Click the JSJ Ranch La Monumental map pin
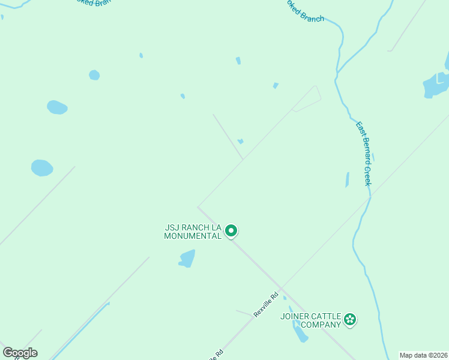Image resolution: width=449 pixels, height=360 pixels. click(231, 230)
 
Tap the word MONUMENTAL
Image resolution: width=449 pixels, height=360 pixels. click(193, 236)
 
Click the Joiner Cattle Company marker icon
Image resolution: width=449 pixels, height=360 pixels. click(350, 320)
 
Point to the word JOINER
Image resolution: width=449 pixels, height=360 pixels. click(295, 316)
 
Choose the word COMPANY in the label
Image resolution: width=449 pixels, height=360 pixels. click(321, 325)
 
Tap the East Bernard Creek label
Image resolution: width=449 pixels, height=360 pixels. click(364, 154)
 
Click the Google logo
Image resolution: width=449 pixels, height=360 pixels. click(20, 352)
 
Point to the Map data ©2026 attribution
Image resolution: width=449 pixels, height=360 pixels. click(423, 355)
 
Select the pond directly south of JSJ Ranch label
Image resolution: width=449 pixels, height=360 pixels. click(187, 259)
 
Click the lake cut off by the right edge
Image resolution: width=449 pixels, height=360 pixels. click(436, 84)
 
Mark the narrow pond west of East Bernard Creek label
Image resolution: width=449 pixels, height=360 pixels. click(347, 179)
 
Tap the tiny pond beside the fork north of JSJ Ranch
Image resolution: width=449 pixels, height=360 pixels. click(240, 142)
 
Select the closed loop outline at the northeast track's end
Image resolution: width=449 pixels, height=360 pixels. click(308, 98)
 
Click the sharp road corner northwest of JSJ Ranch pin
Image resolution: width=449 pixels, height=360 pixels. click(198, 208)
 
